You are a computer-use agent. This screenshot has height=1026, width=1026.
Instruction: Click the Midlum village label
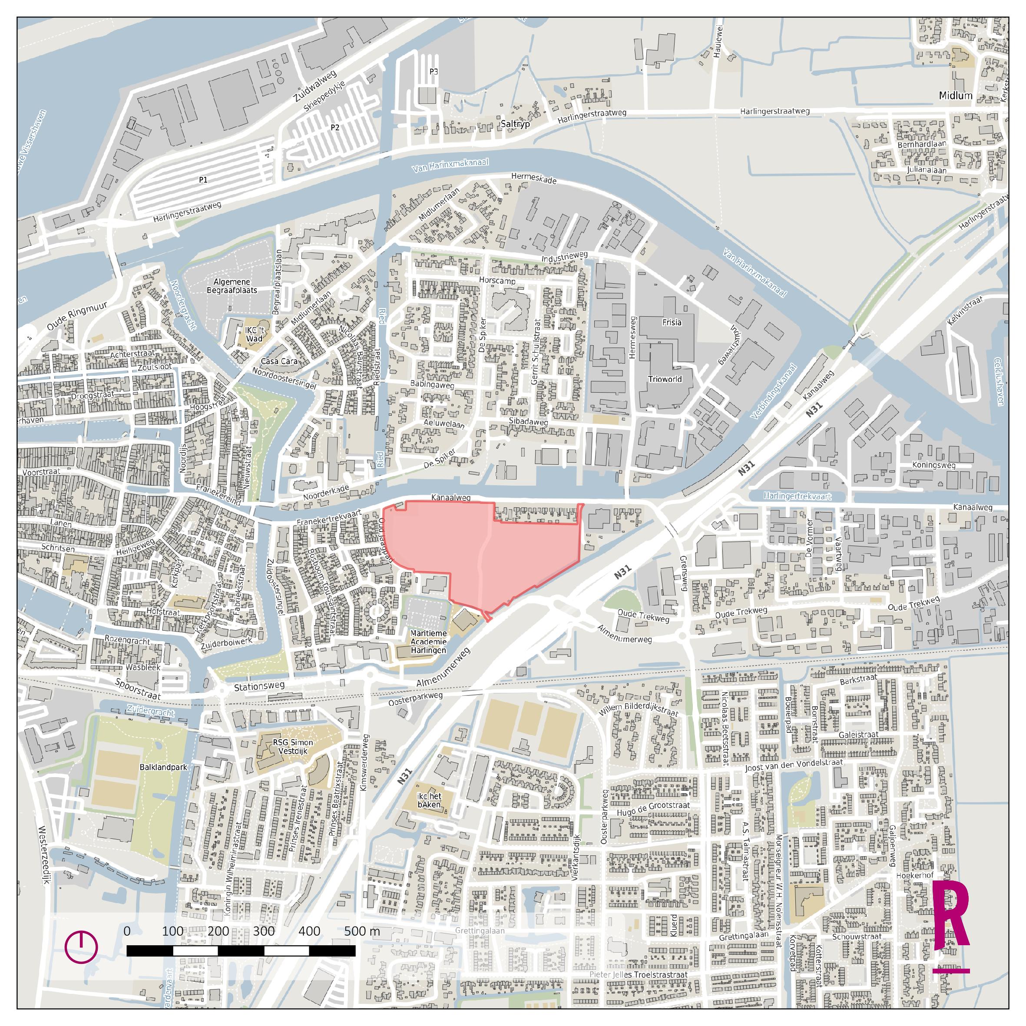[955, 96]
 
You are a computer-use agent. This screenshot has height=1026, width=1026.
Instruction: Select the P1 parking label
[203, 180]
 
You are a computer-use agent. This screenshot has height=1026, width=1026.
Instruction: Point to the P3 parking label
[434, 71]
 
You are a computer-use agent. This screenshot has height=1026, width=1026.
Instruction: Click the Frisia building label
[671, 322]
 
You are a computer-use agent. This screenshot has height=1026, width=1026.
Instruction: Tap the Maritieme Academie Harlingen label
[428, 642]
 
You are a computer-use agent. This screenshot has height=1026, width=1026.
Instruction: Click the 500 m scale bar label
[362, 931]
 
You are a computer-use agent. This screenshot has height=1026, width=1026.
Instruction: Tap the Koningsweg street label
[933, 465]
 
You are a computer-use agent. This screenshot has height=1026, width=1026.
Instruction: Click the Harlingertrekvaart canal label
[798, 496]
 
